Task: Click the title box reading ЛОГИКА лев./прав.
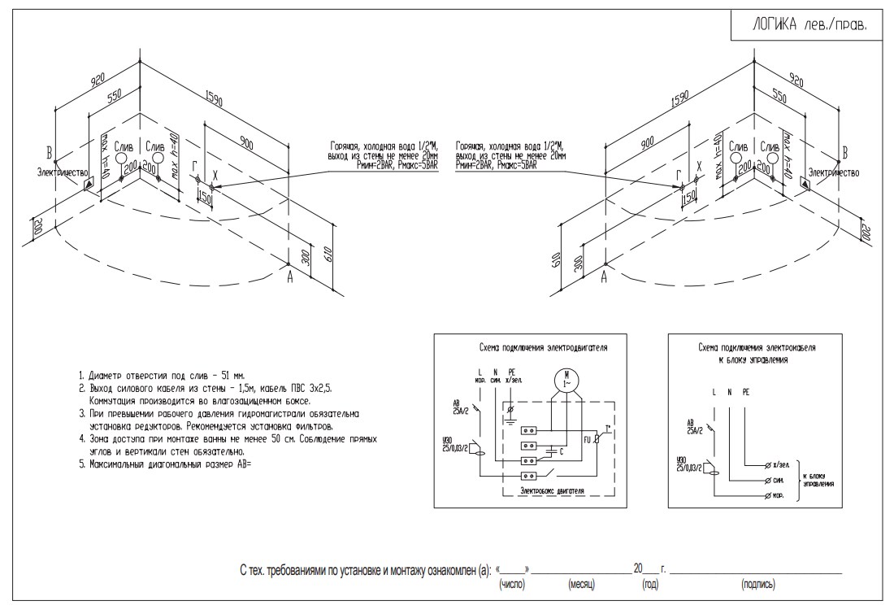[809, 24]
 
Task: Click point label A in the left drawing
[289, 277]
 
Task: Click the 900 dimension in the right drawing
[647, 143]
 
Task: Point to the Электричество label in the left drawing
[62, 172]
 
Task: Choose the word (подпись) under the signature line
[757, 584]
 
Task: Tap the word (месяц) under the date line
[582, 584]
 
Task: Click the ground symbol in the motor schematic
[510, 420]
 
